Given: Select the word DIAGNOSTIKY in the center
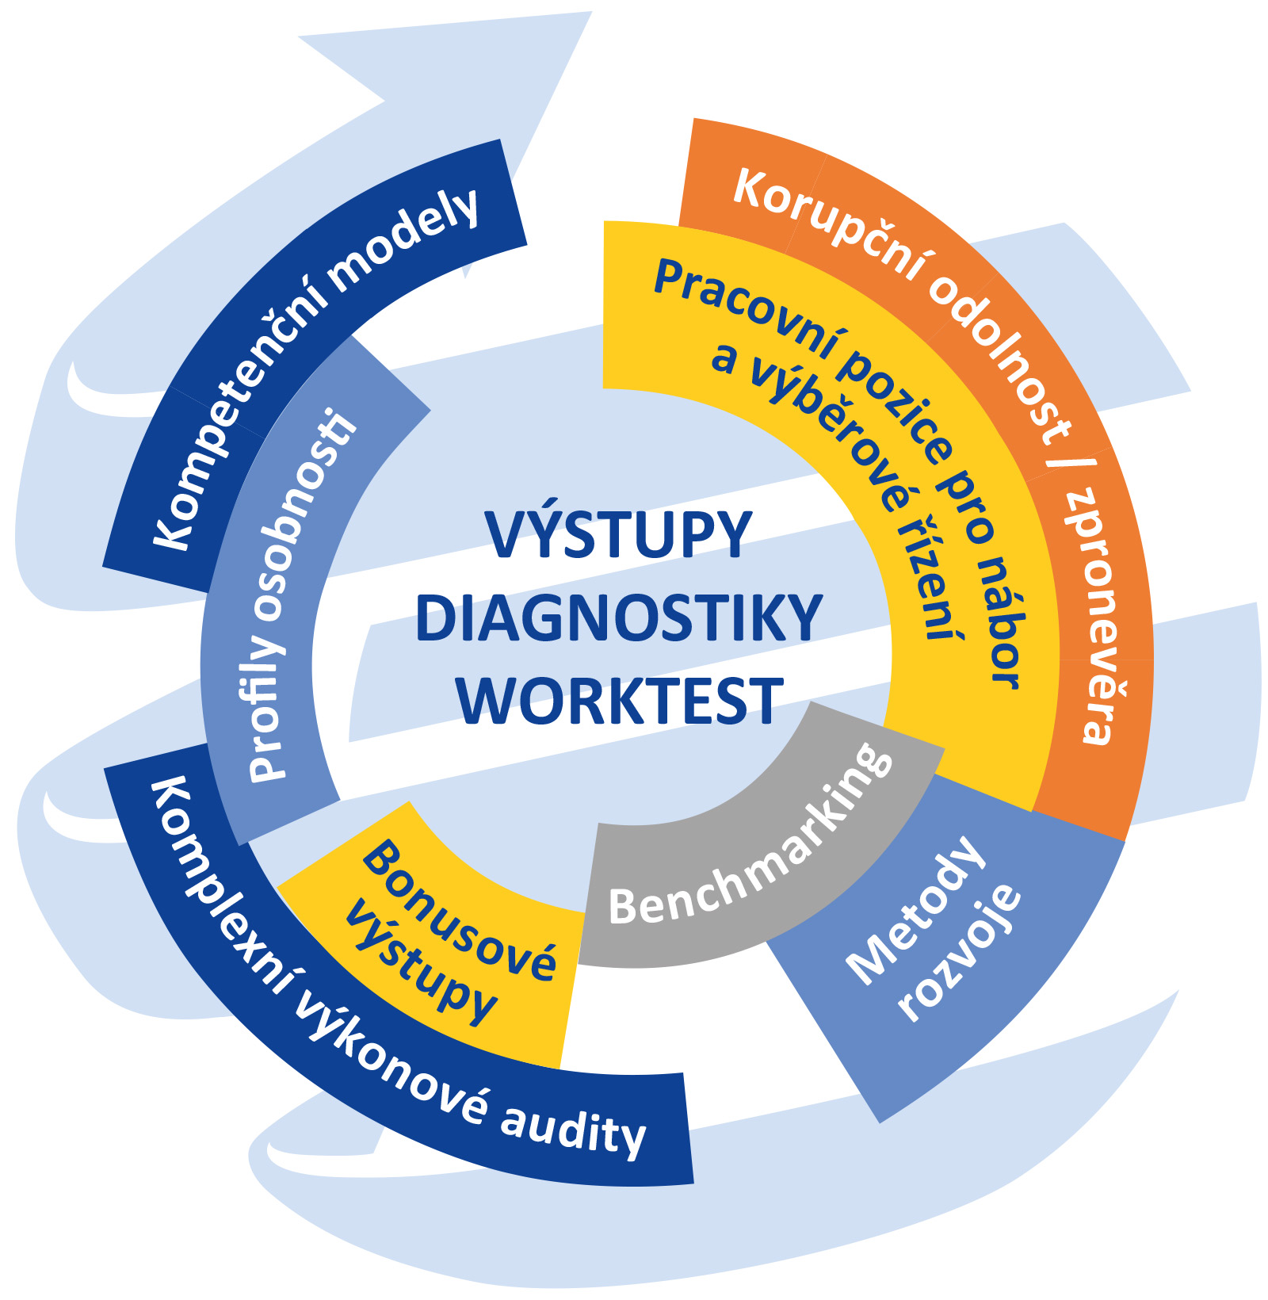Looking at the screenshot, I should coord(619,619).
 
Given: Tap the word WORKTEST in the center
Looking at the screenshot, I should coord(619,702).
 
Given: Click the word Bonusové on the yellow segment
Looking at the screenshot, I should coord(460,912).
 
